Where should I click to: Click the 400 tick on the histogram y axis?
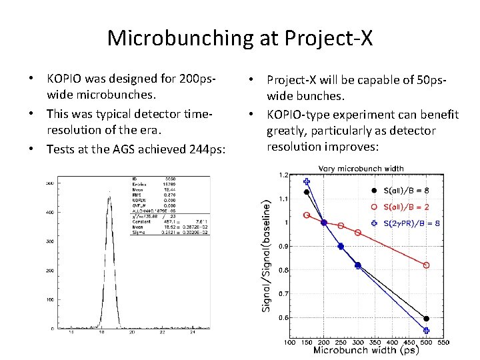click(49, 212)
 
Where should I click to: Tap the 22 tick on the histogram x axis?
click(162, 333)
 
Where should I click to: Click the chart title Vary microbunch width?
click(362, 169)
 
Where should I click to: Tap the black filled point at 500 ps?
click(426, 318)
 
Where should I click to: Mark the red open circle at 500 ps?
click(426, 265)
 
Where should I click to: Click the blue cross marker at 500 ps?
click(426, 330)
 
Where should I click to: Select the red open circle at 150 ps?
click(307, 215)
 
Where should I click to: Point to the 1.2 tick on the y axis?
click(283, 175)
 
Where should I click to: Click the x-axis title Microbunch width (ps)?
click(366, 351)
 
